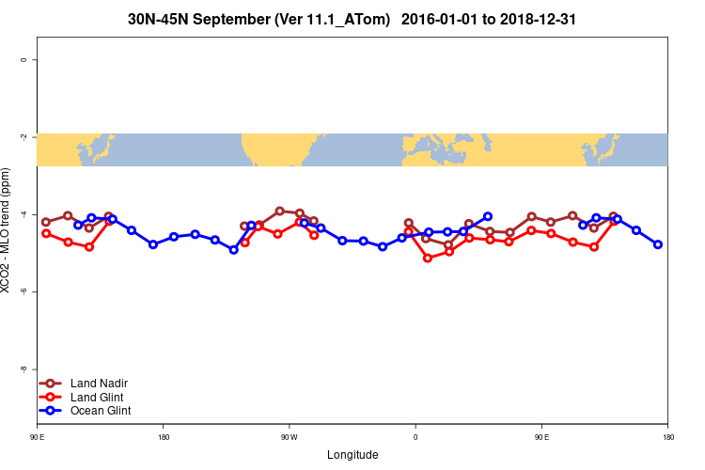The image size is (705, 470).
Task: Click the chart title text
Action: point(352,18)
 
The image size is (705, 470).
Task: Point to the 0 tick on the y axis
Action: point(23,59)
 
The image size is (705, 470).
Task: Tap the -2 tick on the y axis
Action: point(23,136)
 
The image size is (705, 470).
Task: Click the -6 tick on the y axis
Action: point(23,291)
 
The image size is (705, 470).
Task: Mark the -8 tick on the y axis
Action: point(23,368)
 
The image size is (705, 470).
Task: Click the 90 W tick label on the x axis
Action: point(289,437)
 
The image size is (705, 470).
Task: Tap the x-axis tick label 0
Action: point(415,437)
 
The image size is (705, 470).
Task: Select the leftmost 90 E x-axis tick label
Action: point(37,437)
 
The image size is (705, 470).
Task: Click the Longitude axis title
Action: point(352,455)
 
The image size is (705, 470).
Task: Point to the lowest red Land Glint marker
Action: point(428,258)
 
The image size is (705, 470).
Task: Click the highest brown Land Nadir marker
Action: point(279,211)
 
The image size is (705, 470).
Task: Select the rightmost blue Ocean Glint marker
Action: point(658,244)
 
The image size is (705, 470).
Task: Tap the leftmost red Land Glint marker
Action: point(46,233)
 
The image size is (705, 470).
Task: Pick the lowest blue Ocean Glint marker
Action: point(234,250)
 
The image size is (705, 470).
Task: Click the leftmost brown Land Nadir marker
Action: point(46,222)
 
